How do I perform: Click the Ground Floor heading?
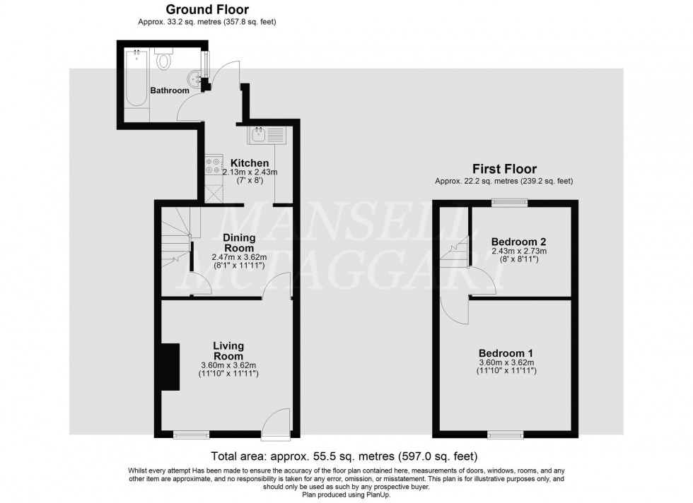tap(206, 9)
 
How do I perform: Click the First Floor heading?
tap(503, 169)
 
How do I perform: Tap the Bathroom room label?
tap(170, 90)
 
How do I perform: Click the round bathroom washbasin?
tap(194, 78)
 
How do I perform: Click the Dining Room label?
tap(240, 243)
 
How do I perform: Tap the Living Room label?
tap(228, 351)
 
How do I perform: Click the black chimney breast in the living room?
tap(169, 367)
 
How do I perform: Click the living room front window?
tap(192, 434)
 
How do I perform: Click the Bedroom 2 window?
tap(509, 203)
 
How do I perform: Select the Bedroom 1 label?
tap(505, 353)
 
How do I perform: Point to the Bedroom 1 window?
tap(505, 434)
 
